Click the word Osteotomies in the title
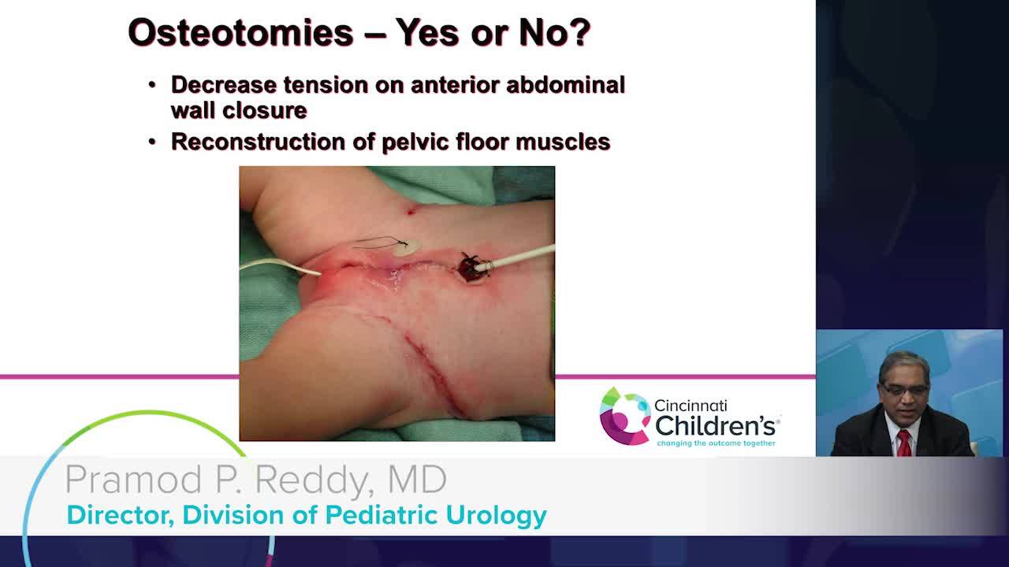[241, 32]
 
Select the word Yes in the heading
[426, 32]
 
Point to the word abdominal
[566, 84]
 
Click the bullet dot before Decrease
[152, 85]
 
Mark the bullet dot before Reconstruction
[152, 143]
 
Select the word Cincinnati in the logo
[690, 406]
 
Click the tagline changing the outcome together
[716, 443]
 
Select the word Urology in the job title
[497, 516]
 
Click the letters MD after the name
[417, 480]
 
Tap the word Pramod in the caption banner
[134, 480]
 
